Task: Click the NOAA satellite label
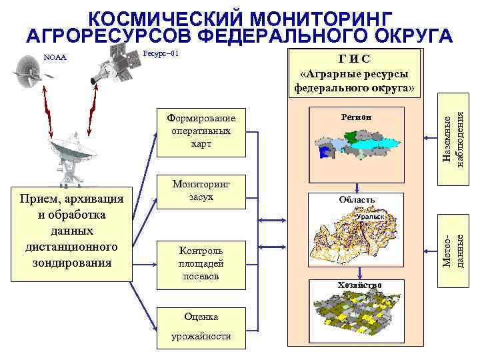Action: pos(55,57)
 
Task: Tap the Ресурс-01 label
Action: pos(161,53)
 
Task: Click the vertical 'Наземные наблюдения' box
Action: pos(455,140)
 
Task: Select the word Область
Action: pos(357,199)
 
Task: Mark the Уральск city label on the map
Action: pos(370,217)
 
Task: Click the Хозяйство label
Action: pos(359,285)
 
